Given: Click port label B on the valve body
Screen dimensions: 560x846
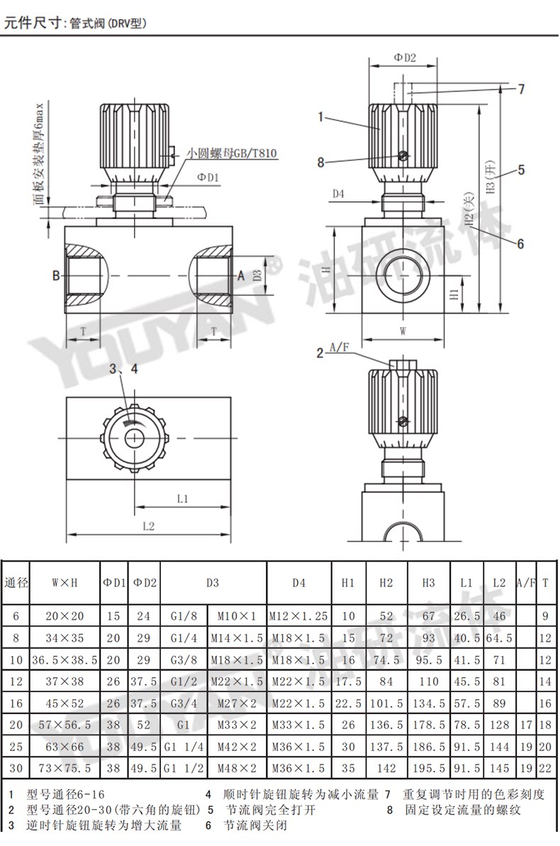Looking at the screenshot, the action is tap(56, 276).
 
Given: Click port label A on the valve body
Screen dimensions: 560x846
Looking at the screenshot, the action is tap(240, 276).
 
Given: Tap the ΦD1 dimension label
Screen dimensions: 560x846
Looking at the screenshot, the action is tap(208, 177).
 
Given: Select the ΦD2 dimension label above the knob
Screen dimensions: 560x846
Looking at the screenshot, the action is tap(405, 57).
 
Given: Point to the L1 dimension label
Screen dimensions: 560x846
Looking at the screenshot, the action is tap(182, 499).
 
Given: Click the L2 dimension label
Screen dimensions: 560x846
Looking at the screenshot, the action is tap(149, 526).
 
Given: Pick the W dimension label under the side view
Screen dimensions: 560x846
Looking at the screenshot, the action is tap(403, 331).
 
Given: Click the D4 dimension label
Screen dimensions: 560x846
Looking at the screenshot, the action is tap(338, 194).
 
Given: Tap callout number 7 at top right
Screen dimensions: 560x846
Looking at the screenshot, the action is tap(521, 89).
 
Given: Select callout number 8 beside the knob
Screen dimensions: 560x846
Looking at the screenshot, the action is tap(320, 162).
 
